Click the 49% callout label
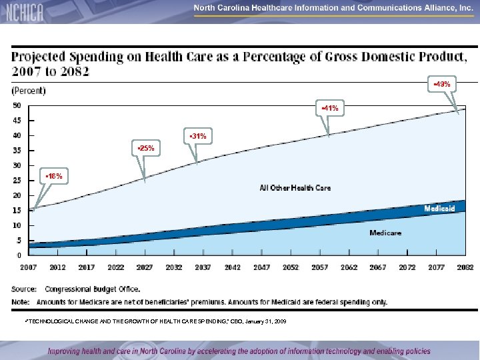tap(441, 85)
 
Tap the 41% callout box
tap(329, 108)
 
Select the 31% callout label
tap(198, 136)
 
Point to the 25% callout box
tap(145, 148)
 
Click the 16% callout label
tap(55, 176)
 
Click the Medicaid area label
tap(439, 209)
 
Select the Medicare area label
tap(385, 233)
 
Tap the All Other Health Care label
tap(295, 188)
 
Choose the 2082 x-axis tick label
tap(465, 267)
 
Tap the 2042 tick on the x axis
tap(232, 267)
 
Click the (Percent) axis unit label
tap(29, 90)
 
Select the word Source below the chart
tap(23, 289)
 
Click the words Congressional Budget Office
tap(93, 289)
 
